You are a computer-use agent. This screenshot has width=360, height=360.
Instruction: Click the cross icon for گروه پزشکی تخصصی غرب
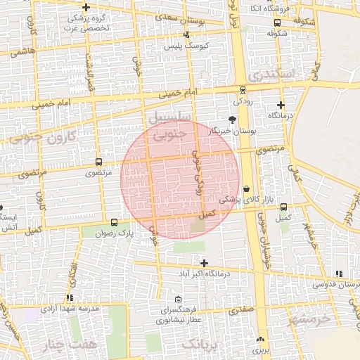pyautogui.click(x=86, y=7)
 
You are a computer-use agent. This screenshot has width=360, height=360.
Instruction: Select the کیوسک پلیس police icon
pyautogui.click(x=186, y=35)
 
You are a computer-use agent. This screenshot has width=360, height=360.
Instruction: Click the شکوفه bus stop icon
pyautogui.click(x=276, y=32)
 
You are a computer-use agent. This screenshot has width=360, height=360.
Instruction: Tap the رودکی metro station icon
pyautogui.click(x=243, y=89)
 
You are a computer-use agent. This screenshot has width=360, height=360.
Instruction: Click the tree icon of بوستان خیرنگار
pyautogui.click(x=233, y=120)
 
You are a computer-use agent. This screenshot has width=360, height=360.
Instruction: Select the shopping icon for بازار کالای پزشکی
pyautogui.click(x=246, y=188)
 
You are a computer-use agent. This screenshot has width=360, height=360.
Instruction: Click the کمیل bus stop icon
pyautogui.click(x=283, y=207)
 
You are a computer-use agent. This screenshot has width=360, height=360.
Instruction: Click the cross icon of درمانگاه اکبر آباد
pyautogui.click(x=204, y=262)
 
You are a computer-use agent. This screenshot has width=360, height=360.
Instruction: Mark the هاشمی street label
pyautogui.click(x=23, y=51)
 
